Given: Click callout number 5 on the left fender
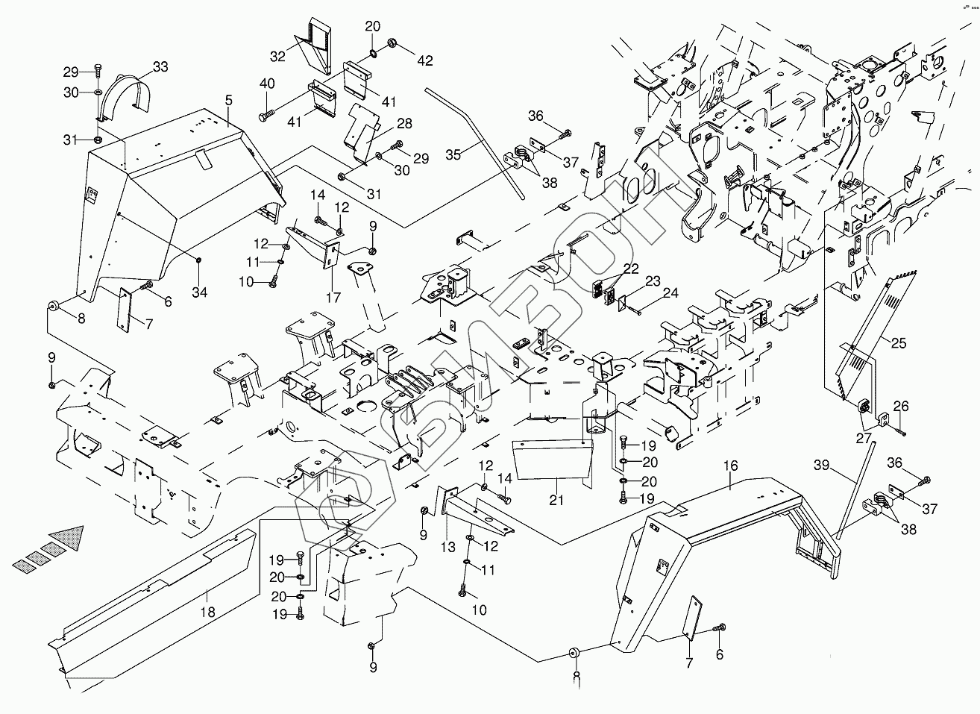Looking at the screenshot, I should pos(228,98).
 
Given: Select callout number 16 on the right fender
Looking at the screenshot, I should pos(729,466).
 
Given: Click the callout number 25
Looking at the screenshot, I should pos(899,344).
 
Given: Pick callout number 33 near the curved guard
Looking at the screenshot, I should pos(161,67).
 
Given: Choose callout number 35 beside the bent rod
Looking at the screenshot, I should pos(453,154).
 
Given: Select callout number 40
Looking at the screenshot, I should pos(267,84).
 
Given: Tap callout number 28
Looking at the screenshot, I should pos(404,122).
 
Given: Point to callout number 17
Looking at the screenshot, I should pos(333,297).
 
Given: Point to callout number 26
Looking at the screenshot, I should pos(902,407).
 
